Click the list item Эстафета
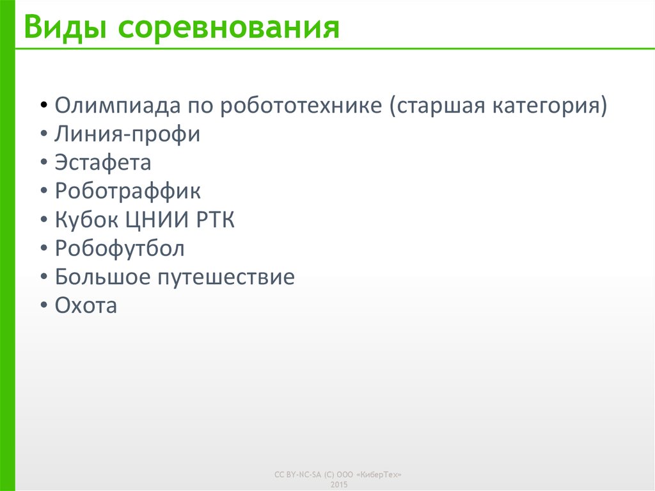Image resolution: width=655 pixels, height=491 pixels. [x=103, y=163]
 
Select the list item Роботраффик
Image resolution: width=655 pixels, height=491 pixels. [x=128, y=191]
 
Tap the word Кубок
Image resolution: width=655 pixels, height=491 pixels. [x=87, y=220]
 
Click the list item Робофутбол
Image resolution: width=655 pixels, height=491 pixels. [x=120, y=248]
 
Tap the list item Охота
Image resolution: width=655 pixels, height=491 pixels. [x=86, y=306]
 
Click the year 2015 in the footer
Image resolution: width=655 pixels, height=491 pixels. [x=338, y=485]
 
